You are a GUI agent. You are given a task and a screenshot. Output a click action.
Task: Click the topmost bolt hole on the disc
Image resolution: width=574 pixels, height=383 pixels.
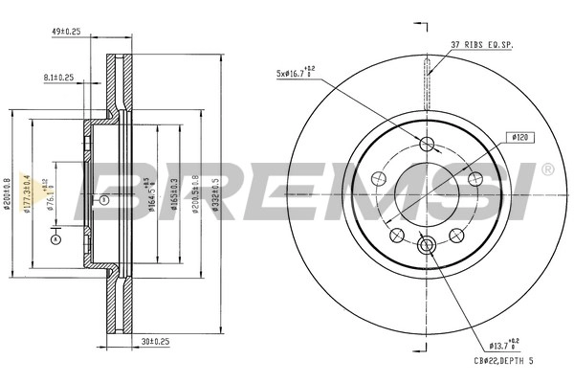(x=428, y=145)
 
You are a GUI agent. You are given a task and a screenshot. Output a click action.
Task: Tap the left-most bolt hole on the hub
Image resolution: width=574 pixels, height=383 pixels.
(x=380, y=179)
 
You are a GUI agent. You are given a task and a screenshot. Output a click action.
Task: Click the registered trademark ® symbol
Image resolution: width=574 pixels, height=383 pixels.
(x=546, y=170)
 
